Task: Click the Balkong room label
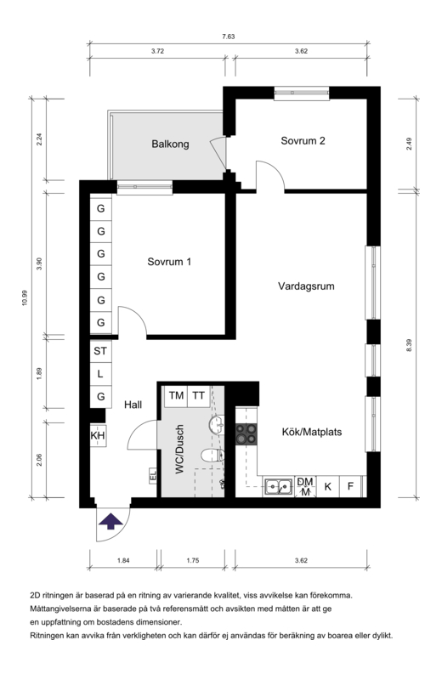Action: [x=170, y=144]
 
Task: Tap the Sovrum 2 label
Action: [x=303, y=140]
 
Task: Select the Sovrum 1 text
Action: [x=169, y=261]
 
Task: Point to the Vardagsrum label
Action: [x=306, y=286]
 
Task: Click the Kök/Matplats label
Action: [x=312, y=432]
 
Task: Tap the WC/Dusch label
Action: [x=179, y=449]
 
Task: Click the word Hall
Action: [x=133, y=405]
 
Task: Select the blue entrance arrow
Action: [x=111, y=520]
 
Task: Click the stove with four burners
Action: [x=246, y=434]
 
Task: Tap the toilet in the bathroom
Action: [x=212, y=455]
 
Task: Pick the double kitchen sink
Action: [x=278, y=486]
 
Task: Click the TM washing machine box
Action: [x=176, y=396]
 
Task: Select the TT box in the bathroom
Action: [x=198, y=396]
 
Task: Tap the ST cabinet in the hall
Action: [x=100, y=351]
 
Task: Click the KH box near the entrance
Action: [x=98, y=435]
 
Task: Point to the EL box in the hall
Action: [x=153, y=475]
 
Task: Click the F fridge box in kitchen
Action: [x=350, y=486]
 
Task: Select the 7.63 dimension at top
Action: [x=229, y=37]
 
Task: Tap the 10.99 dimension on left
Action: [x=25, y=297]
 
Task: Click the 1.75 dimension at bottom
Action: [x=193, y=560]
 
